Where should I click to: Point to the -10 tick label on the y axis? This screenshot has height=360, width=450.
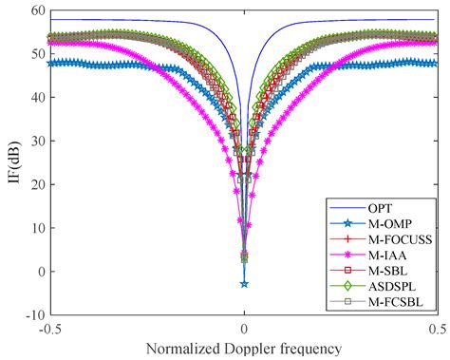(x=31, y=314)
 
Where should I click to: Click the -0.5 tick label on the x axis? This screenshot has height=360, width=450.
(x=48, y=328)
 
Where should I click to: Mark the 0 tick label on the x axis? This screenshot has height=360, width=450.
(x=244, y=328)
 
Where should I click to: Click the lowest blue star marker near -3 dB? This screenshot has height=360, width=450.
(x=244, y=283)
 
